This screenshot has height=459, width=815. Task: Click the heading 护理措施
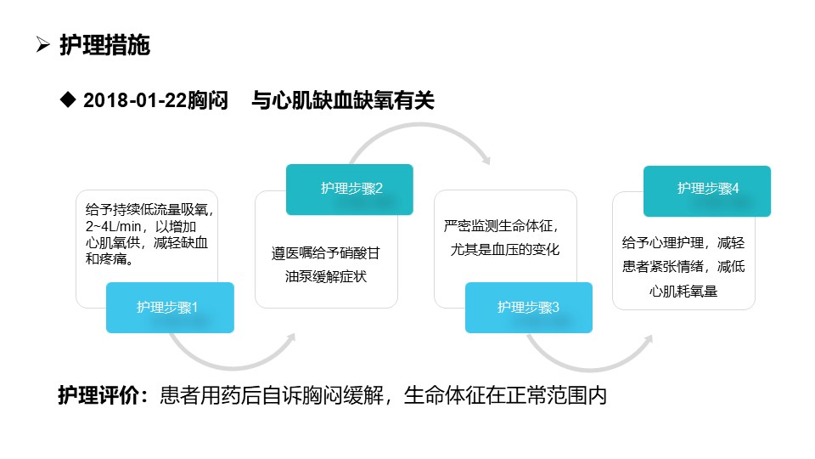(104, 45)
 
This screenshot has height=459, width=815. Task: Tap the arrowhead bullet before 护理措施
(43, 45)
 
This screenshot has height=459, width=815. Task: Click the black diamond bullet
(68, 99)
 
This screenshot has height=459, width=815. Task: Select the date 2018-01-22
(135, 100)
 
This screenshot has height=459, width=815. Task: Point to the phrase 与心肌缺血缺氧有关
(342, 100)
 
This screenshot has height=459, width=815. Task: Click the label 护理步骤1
(167, 307)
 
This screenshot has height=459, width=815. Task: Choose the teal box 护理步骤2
(349, 190)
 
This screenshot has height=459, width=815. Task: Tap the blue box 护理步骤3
(529, 308)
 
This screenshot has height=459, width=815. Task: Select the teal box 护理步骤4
(707, 191)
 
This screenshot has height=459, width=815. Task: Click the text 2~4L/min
(113, 226)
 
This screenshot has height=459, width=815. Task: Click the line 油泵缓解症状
(326, 276)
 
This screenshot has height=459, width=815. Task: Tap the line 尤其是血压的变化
(504, 249)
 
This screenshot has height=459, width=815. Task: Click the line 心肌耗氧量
(683, 291)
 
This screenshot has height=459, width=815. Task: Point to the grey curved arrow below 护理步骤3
(590, 367)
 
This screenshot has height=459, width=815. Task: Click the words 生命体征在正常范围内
(505, 395)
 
